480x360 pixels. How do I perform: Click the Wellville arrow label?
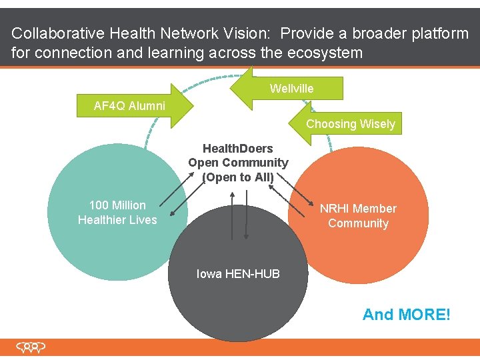tap(291, 89)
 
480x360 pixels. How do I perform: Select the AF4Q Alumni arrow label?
tap(129, 106)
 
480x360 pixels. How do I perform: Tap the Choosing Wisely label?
tap(350, 124)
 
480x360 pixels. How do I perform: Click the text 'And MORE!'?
tap(406, 315)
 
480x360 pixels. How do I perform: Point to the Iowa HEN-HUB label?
tap(238, 274)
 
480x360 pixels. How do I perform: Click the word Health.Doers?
tap(238, 149)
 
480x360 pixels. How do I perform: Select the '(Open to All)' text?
tap(238, 177)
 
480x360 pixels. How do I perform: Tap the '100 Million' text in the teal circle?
tap(117, 205)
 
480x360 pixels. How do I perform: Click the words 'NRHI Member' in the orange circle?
tap(358, 209)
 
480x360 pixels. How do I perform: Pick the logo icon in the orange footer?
tap(31, 347)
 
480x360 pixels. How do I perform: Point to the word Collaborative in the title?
tap(54, 33)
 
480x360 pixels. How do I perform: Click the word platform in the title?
tap(437, 33)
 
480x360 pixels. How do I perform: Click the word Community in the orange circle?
tap(358, 223)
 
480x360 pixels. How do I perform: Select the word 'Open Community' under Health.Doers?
tap(238, 163)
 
